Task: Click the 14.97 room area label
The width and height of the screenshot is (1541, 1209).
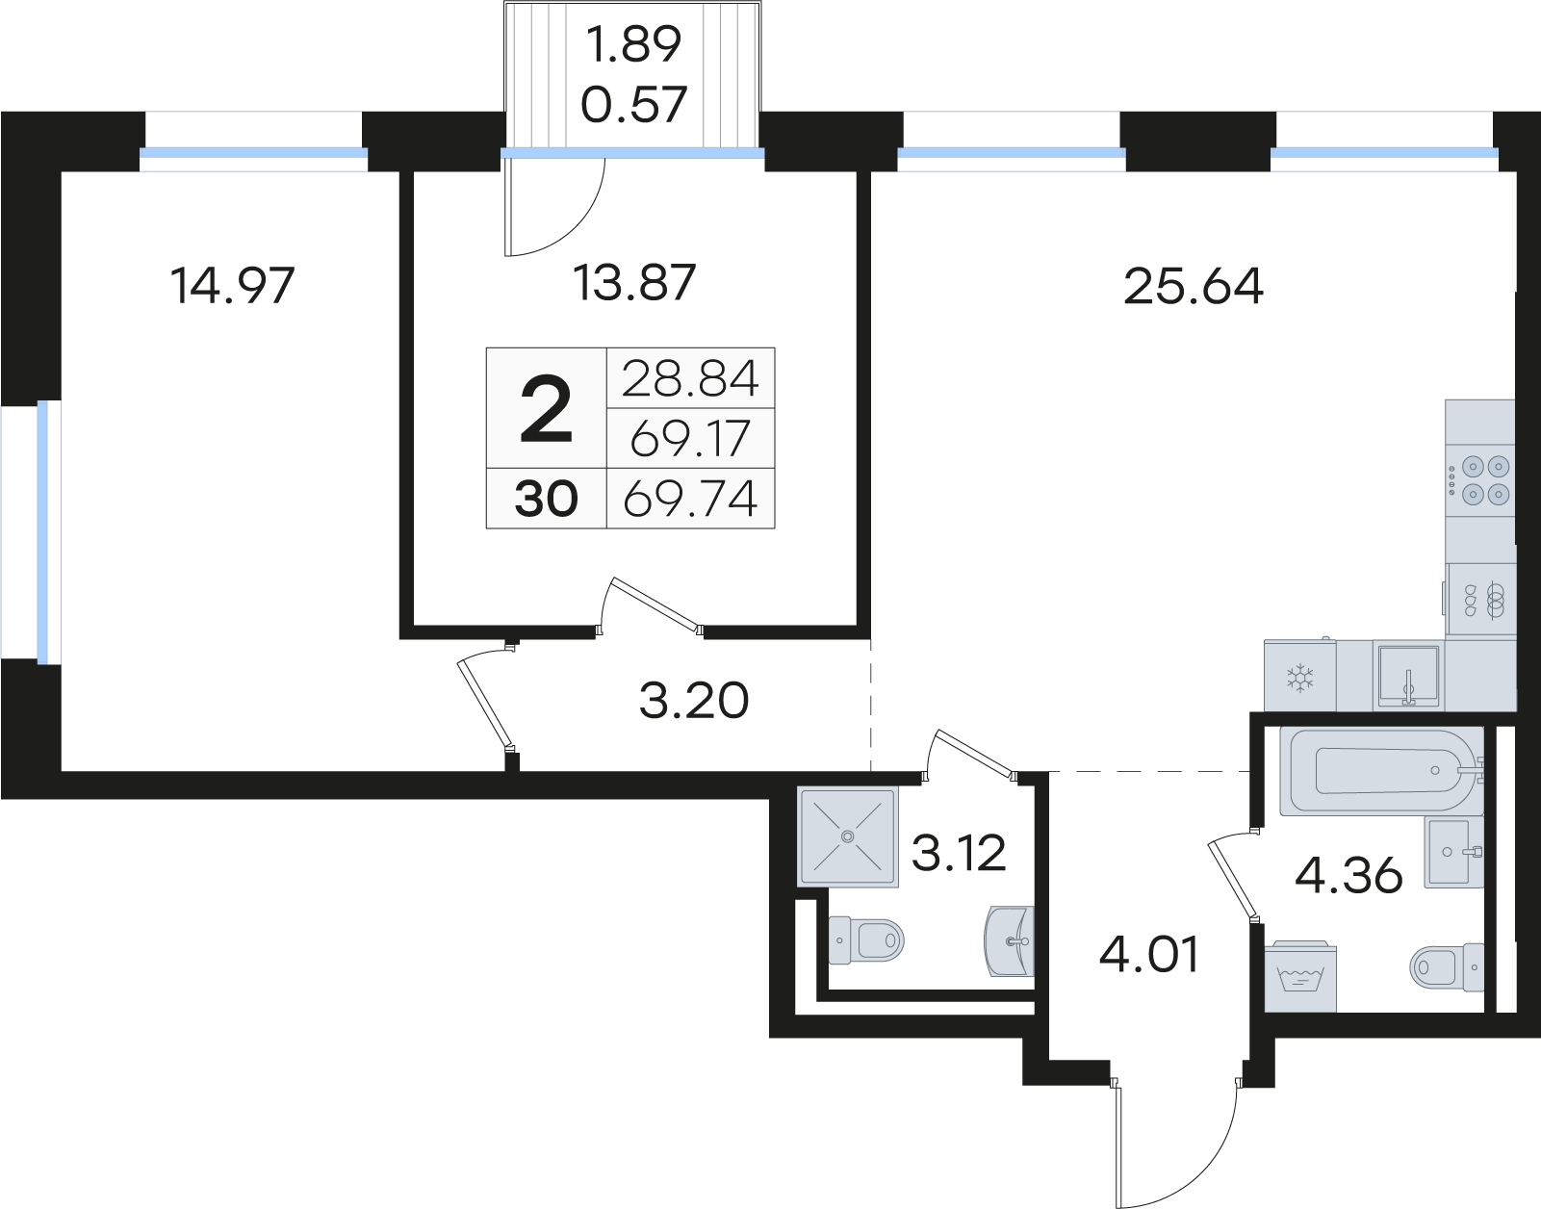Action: [x=233, y=285]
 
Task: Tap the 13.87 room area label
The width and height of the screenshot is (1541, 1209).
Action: [x=634, y=282]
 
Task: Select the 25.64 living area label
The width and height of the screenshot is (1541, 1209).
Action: [x=1194, y=287]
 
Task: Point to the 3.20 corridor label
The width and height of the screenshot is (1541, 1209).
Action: [x=694, y=701]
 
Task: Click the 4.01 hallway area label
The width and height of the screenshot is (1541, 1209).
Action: [x=1149, y=955]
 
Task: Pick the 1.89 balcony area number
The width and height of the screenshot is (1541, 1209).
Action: [x=634, y=44]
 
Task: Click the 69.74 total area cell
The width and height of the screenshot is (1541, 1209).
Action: [x=691, y=499]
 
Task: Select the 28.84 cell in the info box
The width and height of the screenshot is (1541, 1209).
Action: [x=691, y=378]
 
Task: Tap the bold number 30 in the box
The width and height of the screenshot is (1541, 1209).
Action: [x=546, y=499]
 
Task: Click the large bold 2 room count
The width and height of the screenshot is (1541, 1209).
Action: [x=546, y=410]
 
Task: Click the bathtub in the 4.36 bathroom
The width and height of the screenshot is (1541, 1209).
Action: [x=1381, y=771]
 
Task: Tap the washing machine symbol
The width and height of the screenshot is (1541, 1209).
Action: [x=1299, y=976]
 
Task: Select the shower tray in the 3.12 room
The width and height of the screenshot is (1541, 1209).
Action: [x=847, y=836]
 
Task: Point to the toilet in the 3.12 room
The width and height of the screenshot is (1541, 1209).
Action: [x=866, y=940]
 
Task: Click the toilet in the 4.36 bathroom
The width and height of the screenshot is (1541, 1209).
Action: [x=1447, y=966]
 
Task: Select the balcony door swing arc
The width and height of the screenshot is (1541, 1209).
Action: [x=576, y=227]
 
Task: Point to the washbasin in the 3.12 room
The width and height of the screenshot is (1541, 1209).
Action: [x=1009, y=941]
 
